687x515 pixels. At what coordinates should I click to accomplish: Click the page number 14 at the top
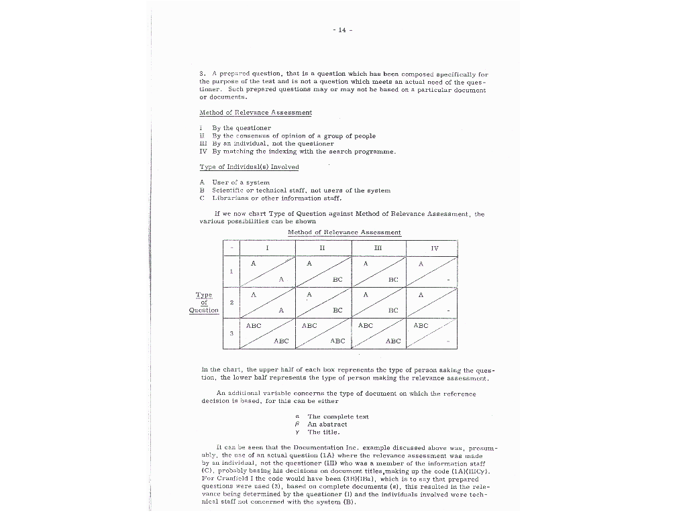(x=342, y=30)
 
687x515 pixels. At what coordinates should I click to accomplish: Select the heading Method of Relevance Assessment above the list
(x=255, y=113)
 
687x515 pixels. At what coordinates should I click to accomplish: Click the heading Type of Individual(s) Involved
(x=249, y=167)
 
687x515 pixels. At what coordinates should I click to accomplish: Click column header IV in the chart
(x=434, y=248)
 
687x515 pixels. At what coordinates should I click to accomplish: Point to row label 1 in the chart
(x=231, y=272)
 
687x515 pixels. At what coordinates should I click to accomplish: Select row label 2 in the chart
(x=231, y=302)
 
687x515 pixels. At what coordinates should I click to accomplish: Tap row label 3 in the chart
(x=231, y=333)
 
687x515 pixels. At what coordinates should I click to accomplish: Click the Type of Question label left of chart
(x=203, y=302)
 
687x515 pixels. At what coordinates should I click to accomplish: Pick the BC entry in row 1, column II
(x=337, y=279)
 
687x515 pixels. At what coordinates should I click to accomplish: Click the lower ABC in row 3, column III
(x=393, y=341)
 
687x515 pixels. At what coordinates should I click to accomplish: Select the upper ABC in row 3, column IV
(x=421, y=326)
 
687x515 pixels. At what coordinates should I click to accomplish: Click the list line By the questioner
(x=242, y=127)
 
